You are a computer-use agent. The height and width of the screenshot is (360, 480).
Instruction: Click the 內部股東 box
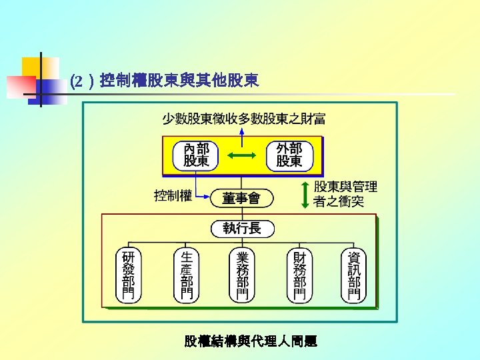(196, 155)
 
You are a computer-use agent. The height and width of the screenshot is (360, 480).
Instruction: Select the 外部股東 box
(289, 155)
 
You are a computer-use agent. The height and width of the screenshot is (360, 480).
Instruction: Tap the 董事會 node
(241, 198)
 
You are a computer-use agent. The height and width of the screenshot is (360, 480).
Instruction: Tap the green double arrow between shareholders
(242, 155)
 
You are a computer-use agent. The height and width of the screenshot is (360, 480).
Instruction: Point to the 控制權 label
(173, 196)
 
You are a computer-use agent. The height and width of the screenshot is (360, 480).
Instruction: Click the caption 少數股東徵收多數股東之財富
(244, 119)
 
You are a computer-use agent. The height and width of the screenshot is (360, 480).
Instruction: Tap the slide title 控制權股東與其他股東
(178, 81)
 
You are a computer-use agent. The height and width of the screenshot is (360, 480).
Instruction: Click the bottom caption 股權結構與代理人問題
(251, 341)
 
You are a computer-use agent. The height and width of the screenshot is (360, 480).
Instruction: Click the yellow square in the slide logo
(31, 65)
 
